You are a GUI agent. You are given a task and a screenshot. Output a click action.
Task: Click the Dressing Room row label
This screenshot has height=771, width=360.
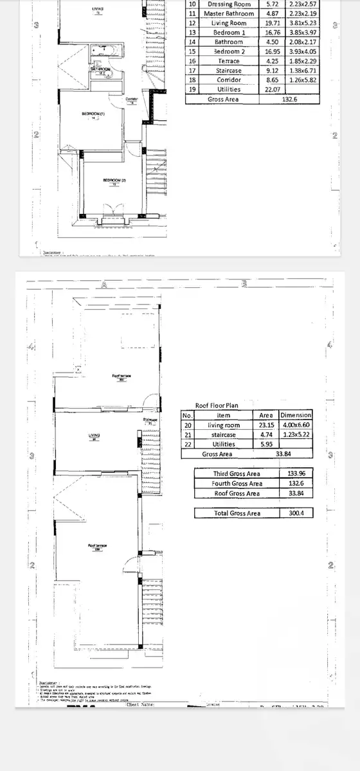point(228,4)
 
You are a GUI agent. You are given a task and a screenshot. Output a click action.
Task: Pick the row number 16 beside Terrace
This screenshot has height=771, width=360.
point(192,61)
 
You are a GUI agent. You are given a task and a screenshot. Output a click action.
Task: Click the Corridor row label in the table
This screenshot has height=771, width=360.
point(228,80)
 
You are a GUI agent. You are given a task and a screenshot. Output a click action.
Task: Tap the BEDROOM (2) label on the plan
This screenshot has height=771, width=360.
point(114,181)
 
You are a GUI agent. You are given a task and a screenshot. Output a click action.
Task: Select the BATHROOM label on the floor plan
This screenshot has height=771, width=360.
point(101,69)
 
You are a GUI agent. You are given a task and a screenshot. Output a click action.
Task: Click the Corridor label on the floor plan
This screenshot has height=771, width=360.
point(132,99)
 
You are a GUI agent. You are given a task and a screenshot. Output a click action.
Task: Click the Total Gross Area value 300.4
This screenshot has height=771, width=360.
point(296,513)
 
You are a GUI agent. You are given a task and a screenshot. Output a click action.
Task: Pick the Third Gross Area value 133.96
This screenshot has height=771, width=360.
point(296,474)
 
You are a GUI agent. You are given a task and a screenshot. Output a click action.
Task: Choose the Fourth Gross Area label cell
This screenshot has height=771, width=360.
point(237,483)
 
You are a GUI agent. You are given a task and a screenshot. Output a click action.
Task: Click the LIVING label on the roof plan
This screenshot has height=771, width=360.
point(94,436)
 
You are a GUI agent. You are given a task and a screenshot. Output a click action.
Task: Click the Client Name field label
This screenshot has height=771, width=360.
point(141,704)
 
